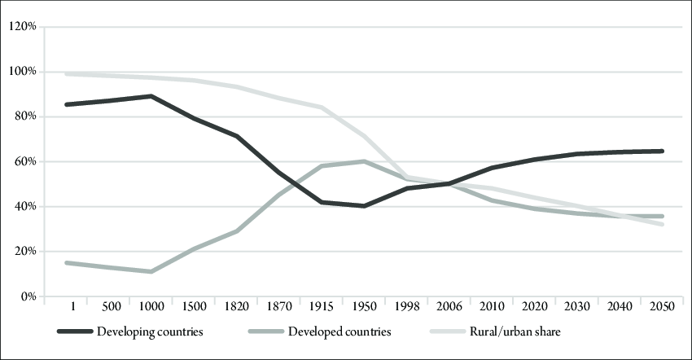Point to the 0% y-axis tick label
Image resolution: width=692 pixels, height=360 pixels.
[26, 296]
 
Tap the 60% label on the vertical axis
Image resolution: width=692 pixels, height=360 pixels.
[24, 162]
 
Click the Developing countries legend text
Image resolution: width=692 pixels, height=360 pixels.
[150, 332]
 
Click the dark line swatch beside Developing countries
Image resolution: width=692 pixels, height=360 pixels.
[74, 332]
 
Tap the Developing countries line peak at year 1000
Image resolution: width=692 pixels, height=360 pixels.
[151, 96]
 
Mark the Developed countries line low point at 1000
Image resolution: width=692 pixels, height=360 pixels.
[151, 271]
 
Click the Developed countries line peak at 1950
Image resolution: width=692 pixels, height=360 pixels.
[364, 161]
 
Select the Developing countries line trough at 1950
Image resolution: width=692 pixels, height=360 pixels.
[364, 206]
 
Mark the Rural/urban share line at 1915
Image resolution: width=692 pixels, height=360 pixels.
[322, 108]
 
